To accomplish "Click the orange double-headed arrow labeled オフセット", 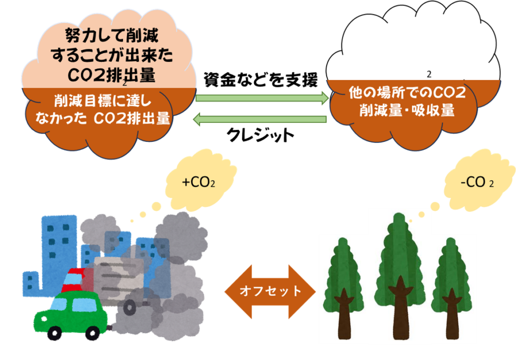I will [270, 291].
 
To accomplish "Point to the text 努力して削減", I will [112, 36].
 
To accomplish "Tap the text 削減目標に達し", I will [106, 101].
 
